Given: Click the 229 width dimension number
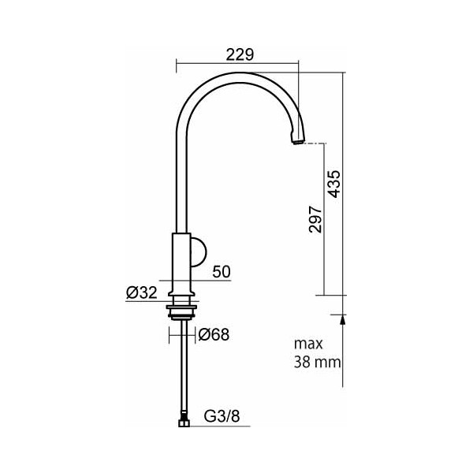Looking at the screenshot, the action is [240, 55].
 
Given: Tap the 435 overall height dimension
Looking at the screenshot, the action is [334, 184].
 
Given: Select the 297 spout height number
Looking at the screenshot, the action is [315, 219].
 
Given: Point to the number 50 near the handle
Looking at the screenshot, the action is [222, 271].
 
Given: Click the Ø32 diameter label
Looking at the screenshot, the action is [142, 292].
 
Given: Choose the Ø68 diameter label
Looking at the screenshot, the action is [214, 334].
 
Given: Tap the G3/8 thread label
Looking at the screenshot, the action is [222, 416].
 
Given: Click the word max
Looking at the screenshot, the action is [308, 344].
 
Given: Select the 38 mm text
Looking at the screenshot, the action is [318, 362].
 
